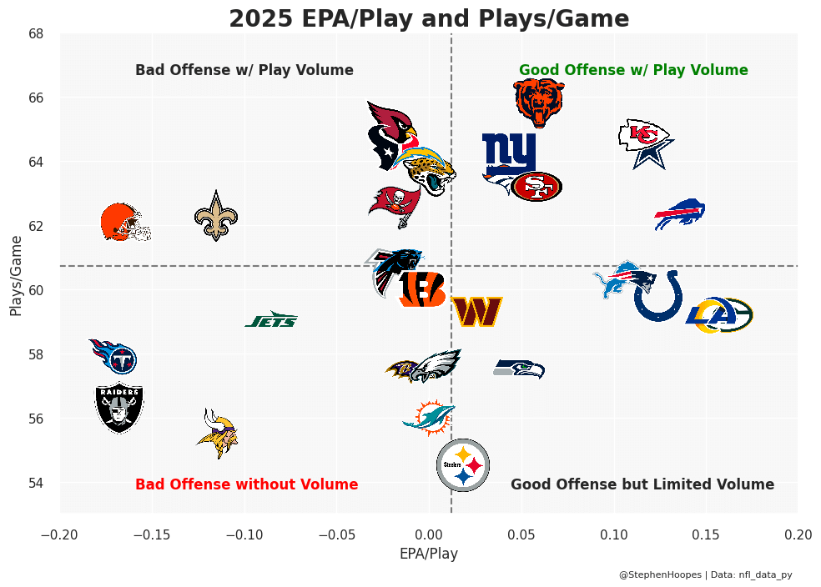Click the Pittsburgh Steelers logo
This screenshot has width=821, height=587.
tap(463, 465)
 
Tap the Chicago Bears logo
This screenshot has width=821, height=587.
tap(538, 103)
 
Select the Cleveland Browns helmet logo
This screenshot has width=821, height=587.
tap(123, 223)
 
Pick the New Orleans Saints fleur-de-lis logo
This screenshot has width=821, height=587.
tap(216, 216)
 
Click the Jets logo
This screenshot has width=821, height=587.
tap(271, 320)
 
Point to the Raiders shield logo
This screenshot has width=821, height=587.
tap(119, 408)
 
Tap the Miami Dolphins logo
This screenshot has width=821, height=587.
tap(429, 417)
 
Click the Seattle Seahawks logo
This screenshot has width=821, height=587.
tap(519, 369)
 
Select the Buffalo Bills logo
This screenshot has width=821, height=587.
tap(680, 214)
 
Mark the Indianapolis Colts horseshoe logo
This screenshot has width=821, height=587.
tap(659, 297)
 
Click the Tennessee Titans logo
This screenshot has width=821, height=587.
tap(114, 357)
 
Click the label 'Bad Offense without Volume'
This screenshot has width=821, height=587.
tap(246, 484)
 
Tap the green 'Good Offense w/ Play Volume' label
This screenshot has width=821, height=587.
tap(633, 70)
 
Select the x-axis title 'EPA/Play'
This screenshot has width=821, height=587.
tap(428, 553)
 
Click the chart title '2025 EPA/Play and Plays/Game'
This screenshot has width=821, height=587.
tap(429, 18)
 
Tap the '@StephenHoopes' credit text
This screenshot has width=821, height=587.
tap(660, 574)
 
